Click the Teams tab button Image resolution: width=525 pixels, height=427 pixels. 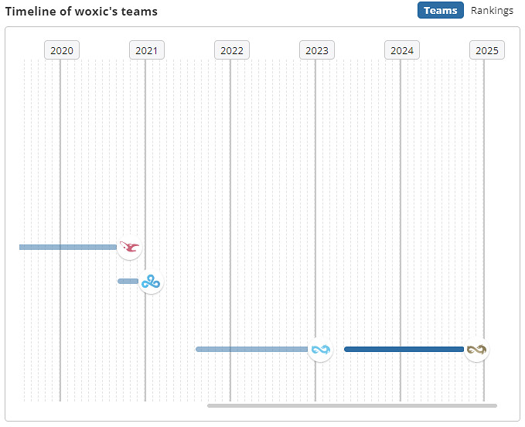pos(441,10)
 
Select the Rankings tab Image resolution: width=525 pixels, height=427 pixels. pos(492,10)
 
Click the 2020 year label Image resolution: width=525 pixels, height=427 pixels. pos(61,50)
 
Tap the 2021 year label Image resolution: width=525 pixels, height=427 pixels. pos(146,50)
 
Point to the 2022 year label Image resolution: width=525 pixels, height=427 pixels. pos(231,50)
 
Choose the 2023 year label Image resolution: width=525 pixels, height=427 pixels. pos(316,50)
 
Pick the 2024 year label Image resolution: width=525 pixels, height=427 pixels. pos(401,50)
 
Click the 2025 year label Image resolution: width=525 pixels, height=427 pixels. pos(486,50)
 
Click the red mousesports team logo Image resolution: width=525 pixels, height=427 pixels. pos(130,248)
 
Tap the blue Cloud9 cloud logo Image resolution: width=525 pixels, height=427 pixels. pos(151,282)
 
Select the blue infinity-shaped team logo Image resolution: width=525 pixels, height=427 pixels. pos(320,350)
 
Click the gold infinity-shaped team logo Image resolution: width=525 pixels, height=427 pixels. pos(476,350)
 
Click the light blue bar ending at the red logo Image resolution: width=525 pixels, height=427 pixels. pos(68,248)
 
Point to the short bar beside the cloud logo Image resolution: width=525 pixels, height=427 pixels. pos(128,281)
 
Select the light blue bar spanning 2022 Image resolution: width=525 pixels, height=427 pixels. pos(251,350)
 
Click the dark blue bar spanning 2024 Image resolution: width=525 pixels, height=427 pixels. pos(404,350)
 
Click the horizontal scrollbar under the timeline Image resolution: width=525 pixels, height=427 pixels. pos(352,405)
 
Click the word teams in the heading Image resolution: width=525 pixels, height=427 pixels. pos(142,12)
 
